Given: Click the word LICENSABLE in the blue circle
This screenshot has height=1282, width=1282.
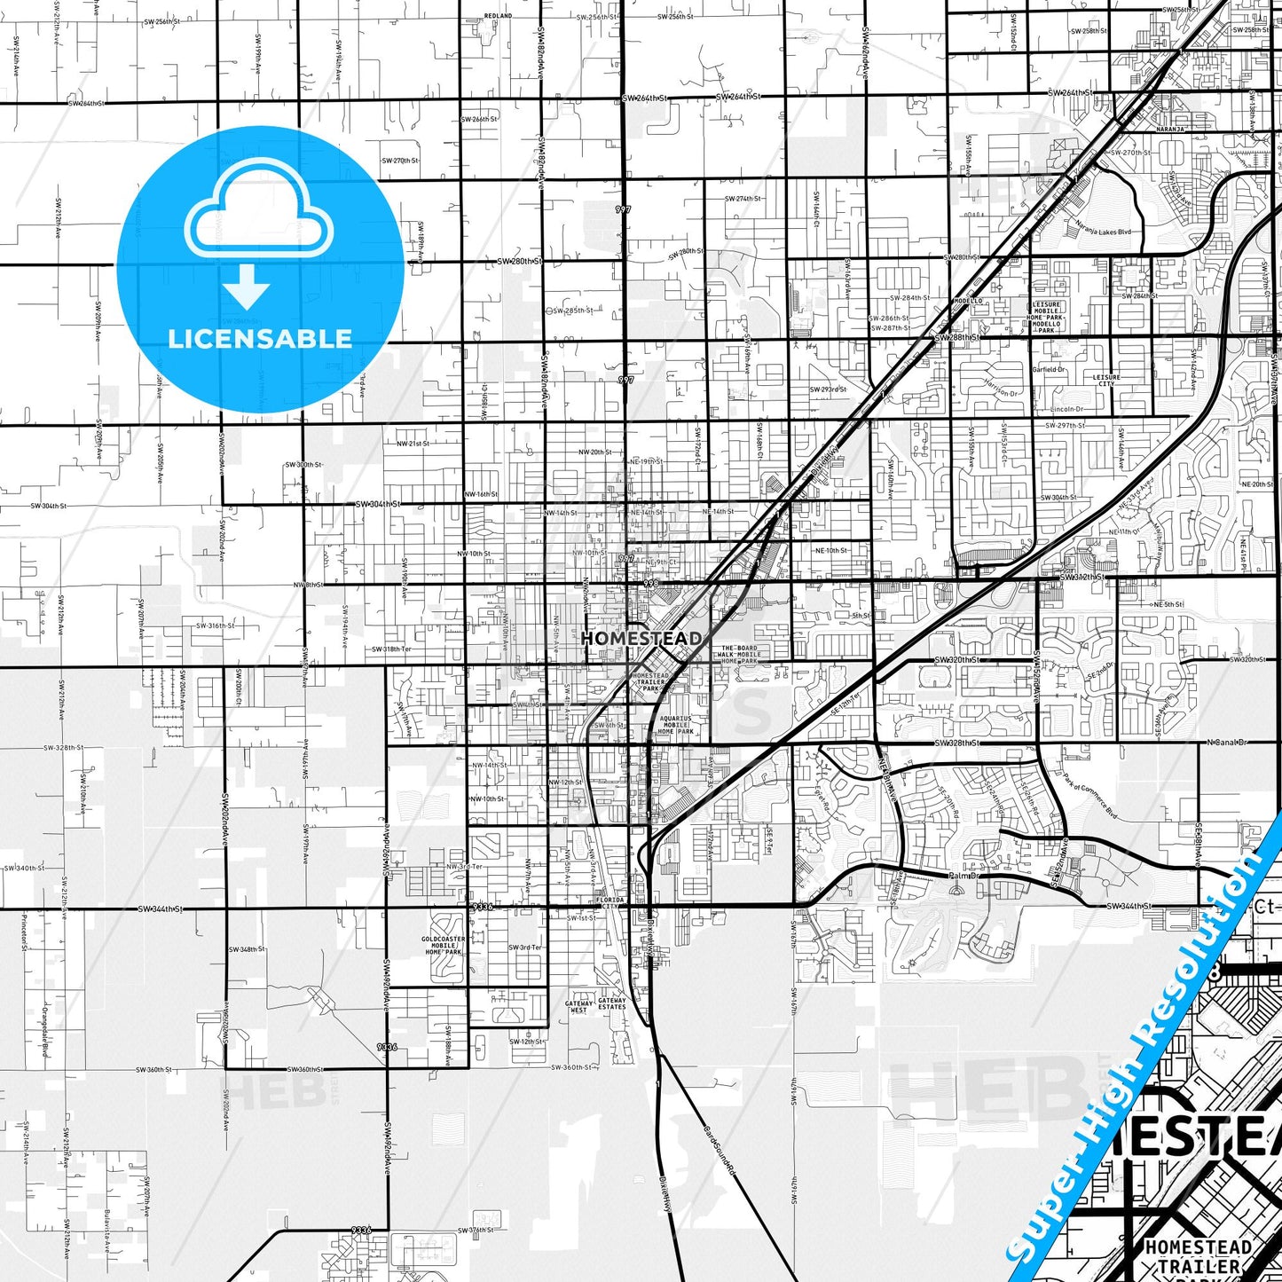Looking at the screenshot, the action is click(x=260, y=339).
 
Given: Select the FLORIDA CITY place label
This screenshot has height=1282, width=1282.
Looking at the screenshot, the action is click(x=611, y=902).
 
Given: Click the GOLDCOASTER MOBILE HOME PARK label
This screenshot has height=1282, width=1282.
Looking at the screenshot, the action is click(x=443, y=945).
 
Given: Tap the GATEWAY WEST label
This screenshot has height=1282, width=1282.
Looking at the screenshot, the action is click(x=578, y=1007).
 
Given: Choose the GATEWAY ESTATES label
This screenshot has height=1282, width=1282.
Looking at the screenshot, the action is click(x=612, y=1003).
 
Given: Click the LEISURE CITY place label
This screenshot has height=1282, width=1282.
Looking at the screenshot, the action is click(x=1106, y=380).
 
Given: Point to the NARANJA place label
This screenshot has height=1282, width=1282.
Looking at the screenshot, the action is click(x=1170, y=129).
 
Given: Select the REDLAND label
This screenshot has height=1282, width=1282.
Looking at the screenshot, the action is click(x=498, y=16).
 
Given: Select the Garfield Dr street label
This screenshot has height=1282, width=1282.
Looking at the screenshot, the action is click(x=1049, y=369).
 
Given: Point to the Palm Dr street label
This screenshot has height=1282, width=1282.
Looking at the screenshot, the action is click(x=962, y=876).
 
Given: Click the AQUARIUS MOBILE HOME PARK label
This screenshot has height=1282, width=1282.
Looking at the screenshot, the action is click(x=675, y=725).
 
